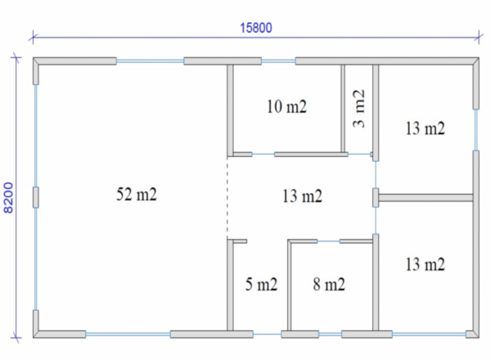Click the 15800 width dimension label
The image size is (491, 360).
point(256,28)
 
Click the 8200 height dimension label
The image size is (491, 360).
point(8,198)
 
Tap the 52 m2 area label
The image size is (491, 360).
point(137,194)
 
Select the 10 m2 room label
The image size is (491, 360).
point(286,106)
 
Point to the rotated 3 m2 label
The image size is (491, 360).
point(359,109)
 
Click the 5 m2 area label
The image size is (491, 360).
point(261,284)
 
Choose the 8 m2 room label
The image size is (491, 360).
point(329,284)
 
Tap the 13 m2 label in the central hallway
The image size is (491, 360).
point(302,196)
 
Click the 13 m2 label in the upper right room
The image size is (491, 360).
point(425,128)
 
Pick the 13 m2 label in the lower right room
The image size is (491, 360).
point(425,264)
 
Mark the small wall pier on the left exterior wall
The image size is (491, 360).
point(36,197)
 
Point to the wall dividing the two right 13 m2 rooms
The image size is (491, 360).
point(426,197)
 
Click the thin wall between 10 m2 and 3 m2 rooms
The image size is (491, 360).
point(343,109)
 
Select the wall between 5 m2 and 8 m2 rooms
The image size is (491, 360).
point(290,286)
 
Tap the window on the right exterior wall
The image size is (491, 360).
point(476,129)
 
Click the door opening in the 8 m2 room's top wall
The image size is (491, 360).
point(328,241)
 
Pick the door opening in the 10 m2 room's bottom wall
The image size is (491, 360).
point(264,155)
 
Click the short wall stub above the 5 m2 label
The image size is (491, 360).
point(240,241)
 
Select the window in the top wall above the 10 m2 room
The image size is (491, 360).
point(278,61)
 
